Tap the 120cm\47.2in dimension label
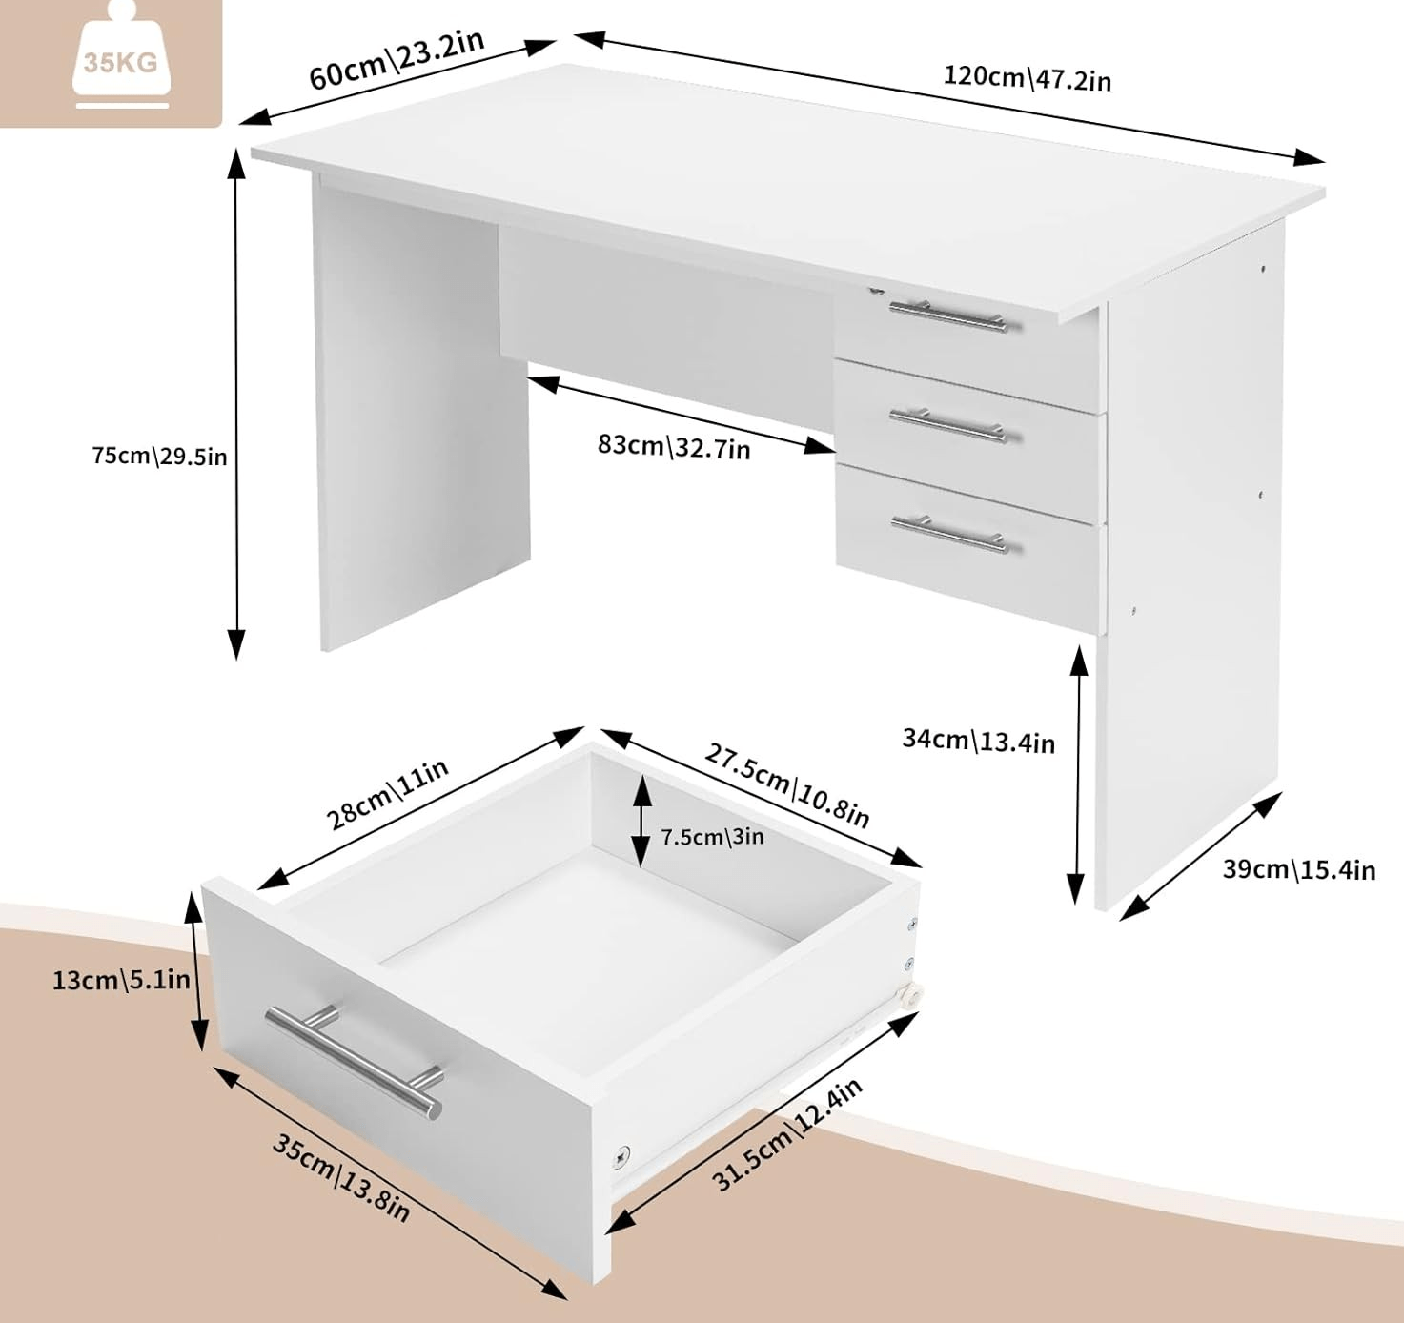(x=1028, y=78)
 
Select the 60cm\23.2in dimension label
(x=397, y=59)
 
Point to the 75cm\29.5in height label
(x=160, y=456)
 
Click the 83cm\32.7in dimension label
(x=674, y=446)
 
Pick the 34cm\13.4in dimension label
(x=979, y=741)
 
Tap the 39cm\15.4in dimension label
(x=1299, y=869)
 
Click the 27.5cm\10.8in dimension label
(x=786, y=785)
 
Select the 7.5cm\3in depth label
(x=713, y=837)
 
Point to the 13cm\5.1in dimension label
(x=121, y=979)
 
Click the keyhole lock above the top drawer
(x=877, y=289)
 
